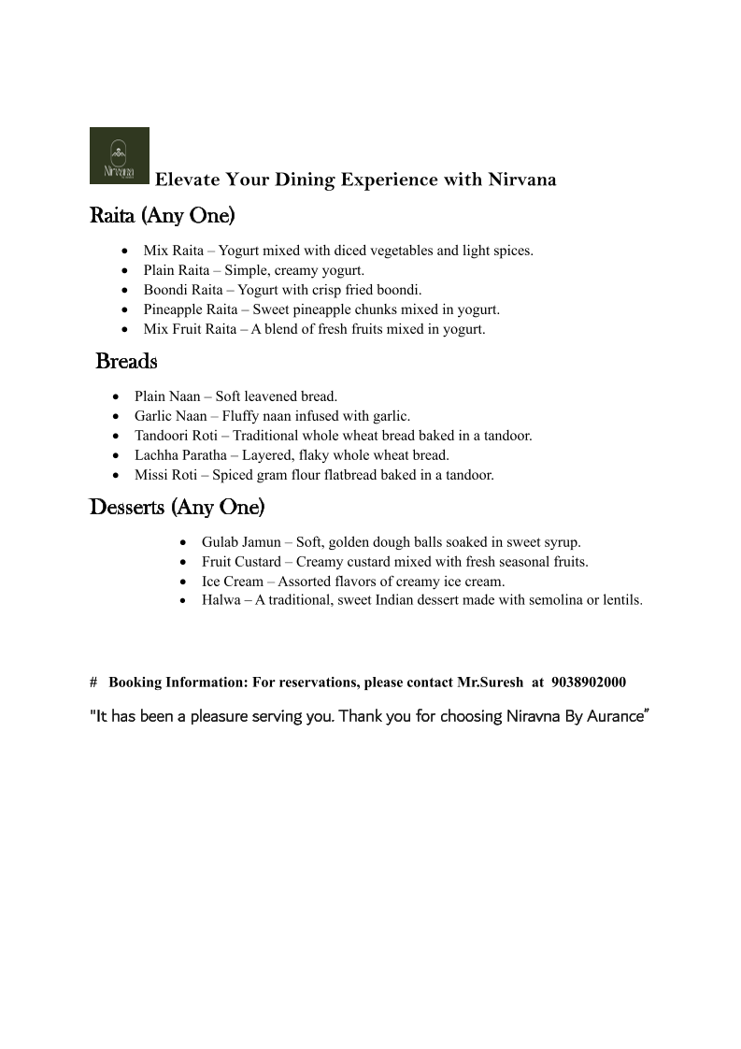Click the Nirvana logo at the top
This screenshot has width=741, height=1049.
[x=119, y=155]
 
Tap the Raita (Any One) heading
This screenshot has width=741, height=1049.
[x=162, y=216]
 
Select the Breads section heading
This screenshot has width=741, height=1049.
[x=126, y=361]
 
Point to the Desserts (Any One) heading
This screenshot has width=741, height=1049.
[x=177, y=508]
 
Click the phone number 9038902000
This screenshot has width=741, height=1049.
[x=589, y=683]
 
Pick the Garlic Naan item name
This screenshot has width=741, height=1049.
[x=171, y=416]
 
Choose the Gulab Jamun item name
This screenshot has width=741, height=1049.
[x=241, y=542]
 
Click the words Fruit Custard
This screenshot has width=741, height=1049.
[x=241, y=562]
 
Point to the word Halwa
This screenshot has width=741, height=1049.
[x=221, y=600]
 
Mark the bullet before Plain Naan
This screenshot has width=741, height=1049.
[x=115, y=397]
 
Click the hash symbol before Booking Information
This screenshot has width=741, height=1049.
[x=93, y=683]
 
